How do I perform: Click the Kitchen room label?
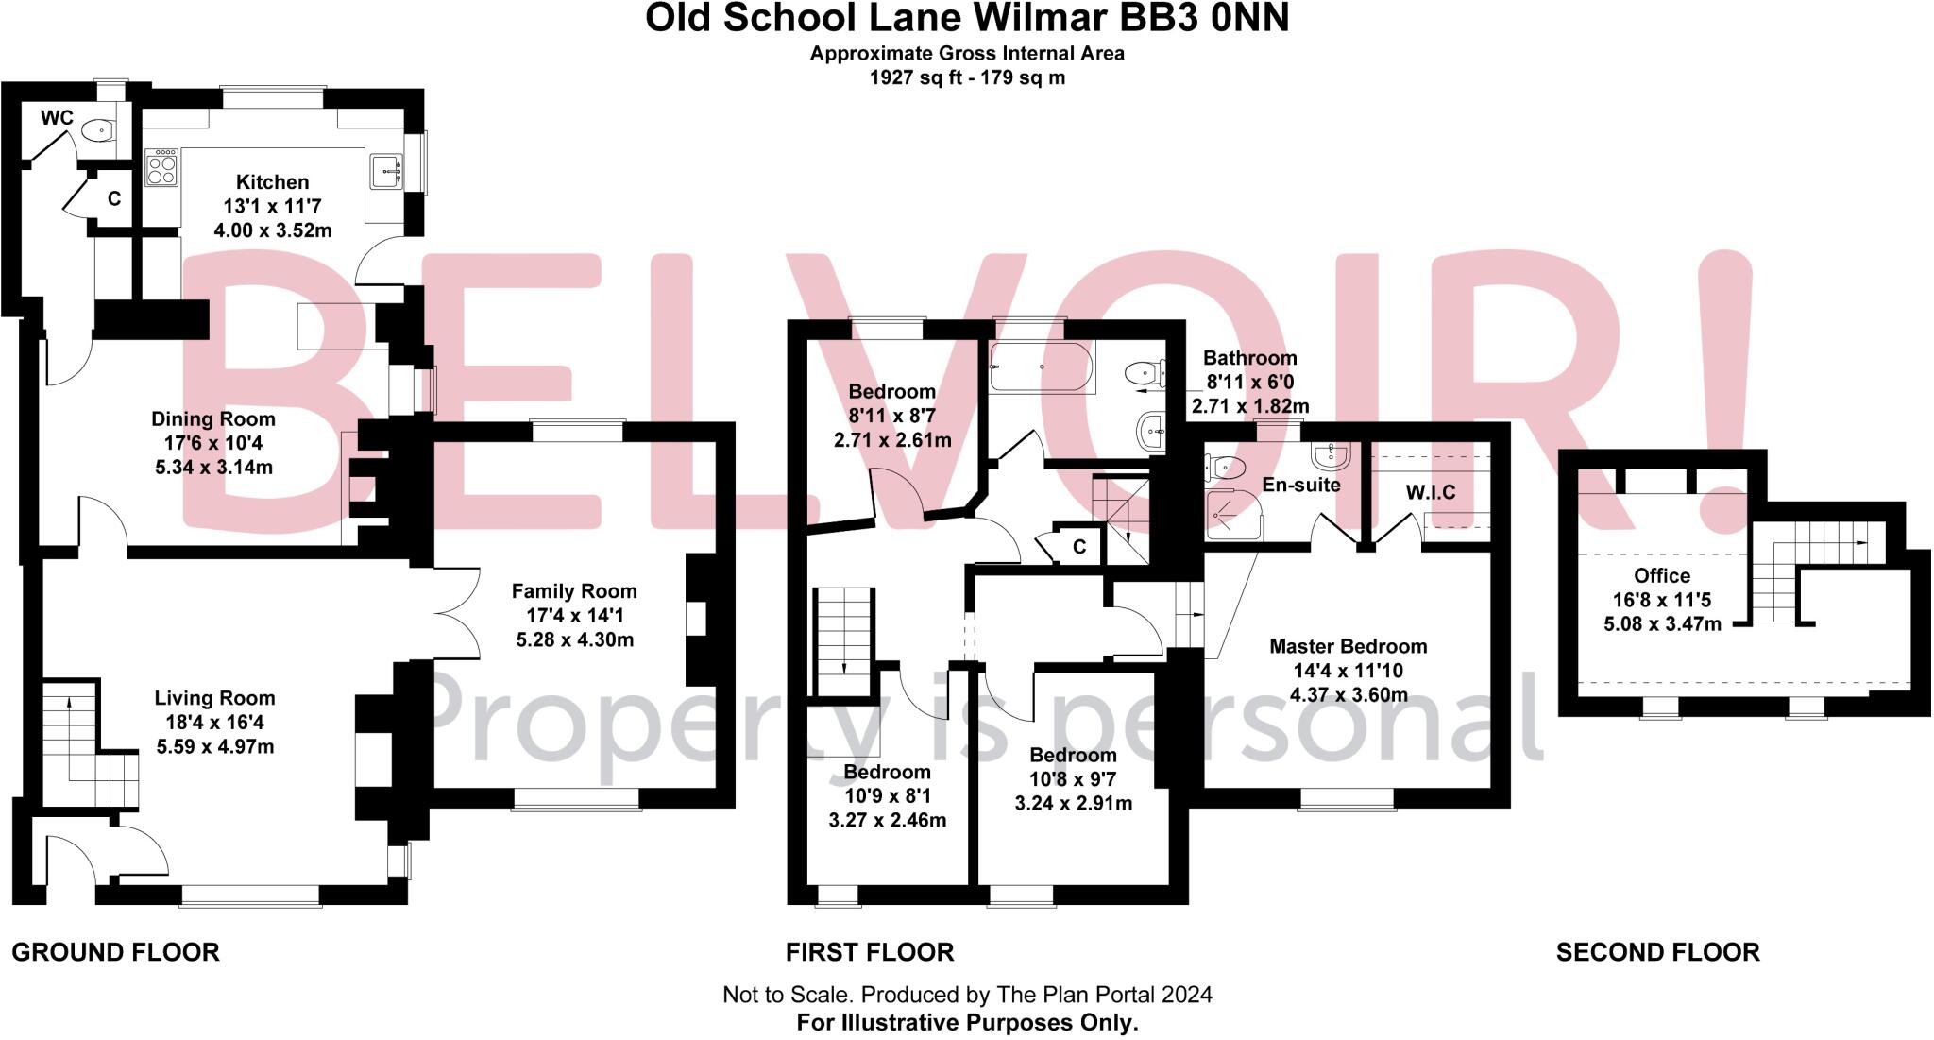[x=272, y=182]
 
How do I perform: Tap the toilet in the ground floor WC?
[x=96, y=130]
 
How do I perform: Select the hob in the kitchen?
[x=161, y=169]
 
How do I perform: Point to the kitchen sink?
[x=387, y=171]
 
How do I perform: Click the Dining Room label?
[x=213, y=419]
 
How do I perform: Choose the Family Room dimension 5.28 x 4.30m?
[x=574, y=640]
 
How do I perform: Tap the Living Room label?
[x=215, y=698]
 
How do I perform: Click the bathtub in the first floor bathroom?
[x=1041, y=367]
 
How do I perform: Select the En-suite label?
[x=1301, y=486]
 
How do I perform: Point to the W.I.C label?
[x=1431, y=492]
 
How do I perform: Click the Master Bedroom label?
[x=1348, y=647]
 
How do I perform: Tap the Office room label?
[x=1662, y=576]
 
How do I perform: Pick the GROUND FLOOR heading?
[x=115, y=952]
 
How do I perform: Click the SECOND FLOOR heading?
[x=1657, y=952]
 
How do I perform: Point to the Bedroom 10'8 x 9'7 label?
[x=1073, y=756]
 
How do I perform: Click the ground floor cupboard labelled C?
[x=113, y=199]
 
